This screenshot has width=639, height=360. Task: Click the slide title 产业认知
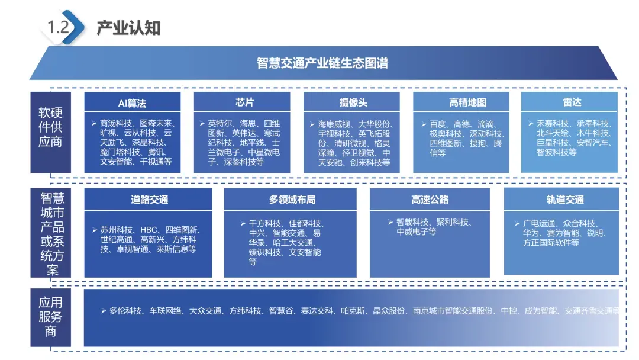click(x=128, y=28)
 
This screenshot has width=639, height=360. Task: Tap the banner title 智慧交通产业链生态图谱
click(x=322, y=63)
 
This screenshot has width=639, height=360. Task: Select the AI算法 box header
click(x=132, y=102)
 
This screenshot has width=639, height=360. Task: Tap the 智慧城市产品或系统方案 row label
click(x=51, y=233)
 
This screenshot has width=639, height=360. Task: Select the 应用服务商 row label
click(x=50, y=317)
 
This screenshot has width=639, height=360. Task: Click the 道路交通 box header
click(x=149, y=200)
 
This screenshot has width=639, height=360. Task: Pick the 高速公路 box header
click(x=430, y=200)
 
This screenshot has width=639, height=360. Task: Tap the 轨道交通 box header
click(x=565, y=200)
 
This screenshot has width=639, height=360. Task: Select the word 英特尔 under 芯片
click(x=220, y=123)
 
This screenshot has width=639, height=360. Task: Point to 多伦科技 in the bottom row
click(x=125, y=310)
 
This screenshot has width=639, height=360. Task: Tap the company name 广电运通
click(x=539, y=223)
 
